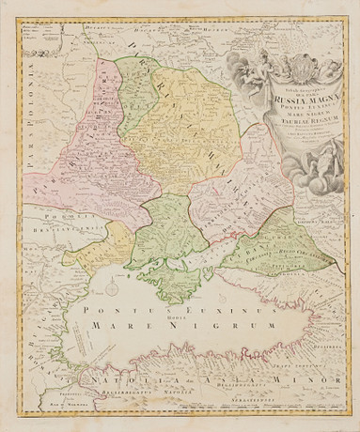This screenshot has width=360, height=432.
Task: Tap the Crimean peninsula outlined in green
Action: click(173, 277)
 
